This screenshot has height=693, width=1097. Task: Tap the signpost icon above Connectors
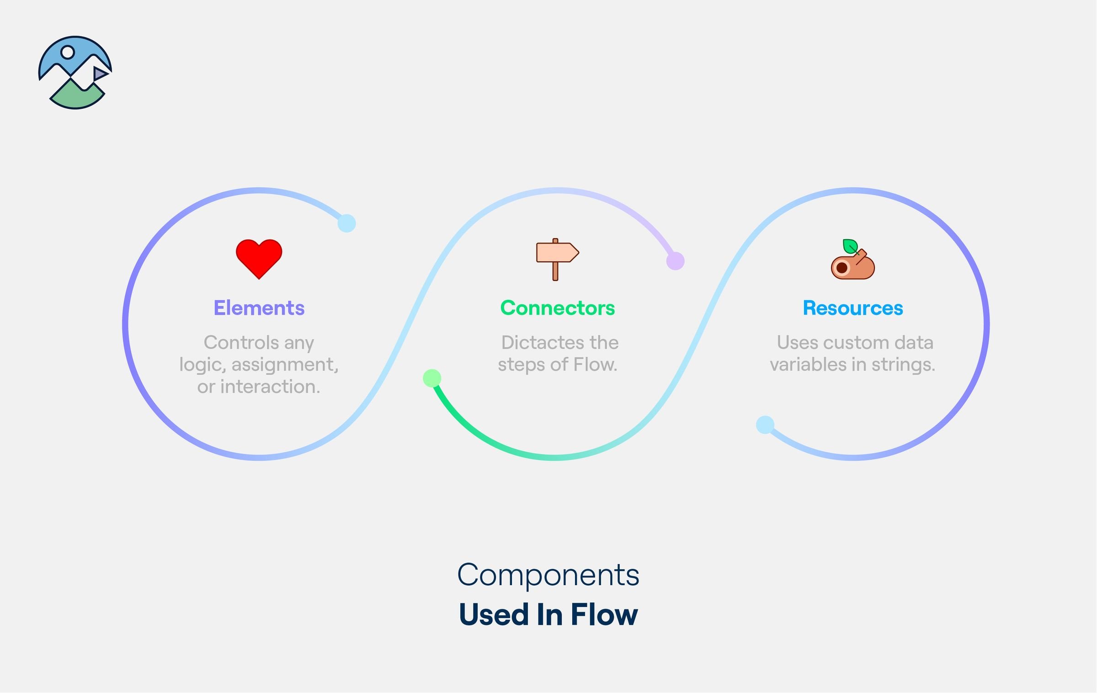pos(557,259)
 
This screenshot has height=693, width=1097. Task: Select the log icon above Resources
pos(852,259)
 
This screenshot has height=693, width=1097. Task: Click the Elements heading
pos(259,308)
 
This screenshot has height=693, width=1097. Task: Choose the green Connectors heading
pos(558,308)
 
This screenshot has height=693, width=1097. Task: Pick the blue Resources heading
pos(853,308)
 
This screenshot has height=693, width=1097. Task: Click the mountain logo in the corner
pos(75,73)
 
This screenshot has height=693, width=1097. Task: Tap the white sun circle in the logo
pos(68,52)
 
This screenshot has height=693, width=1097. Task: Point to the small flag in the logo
pos(101,74)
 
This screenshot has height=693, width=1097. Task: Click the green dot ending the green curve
pos(432,378)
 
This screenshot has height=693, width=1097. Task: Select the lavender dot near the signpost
pos(675,261)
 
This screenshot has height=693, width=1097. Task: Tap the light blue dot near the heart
pos(346,224)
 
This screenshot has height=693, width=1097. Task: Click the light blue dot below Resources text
pos(765,425)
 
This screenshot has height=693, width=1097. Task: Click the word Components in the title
pos(548,575)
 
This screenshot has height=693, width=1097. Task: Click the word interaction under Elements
pos(270,387)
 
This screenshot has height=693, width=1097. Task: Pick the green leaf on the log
pos(850,246)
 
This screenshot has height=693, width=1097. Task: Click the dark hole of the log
pos(841,268)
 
